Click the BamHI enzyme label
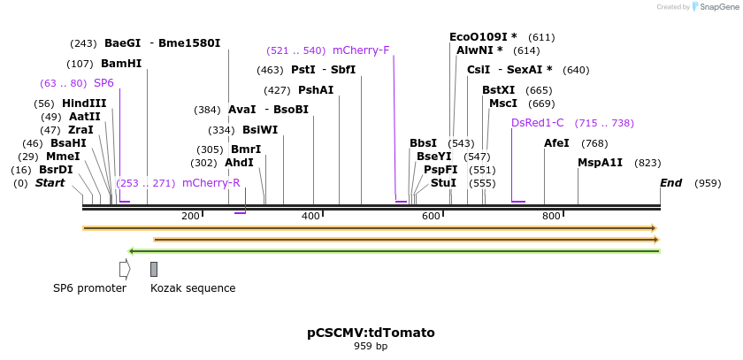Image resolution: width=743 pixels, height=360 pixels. pyautogui.click(x=121, y=64)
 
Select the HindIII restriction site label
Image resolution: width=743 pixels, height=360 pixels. pyautogui.click(x=84, y=103)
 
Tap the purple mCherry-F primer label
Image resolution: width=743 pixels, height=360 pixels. pyautogui.click(x=361, y=50)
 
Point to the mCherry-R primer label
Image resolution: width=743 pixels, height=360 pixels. pyautogui.click(x=211, y=183)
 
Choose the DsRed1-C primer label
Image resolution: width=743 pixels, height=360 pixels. pyautogui.click(x=537, y=123)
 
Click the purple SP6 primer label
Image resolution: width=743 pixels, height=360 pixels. pyautogui.click(x=103, y=83)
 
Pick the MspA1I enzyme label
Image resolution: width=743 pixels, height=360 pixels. pyautogui.click(x=601, y=163)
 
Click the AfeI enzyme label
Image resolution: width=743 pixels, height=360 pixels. pyautogui.click(x=556, y=143)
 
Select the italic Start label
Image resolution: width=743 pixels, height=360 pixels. pyautogui.click(x=50, y=183)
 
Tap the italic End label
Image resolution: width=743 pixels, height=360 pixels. pyautogui.click(x=671, y=183)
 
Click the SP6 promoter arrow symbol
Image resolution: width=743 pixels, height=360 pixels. pyautogui.click(x=125, y=269)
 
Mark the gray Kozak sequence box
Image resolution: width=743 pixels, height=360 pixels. pyautogui.click(x=154, y=269)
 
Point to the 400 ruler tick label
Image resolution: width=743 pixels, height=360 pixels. pyautogui.click(x=310, y=216)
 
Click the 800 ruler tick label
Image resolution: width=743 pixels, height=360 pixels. pyautogui.click(x=551, y=216)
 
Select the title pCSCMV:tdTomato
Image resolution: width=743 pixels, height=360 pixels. pyautogui.click(x=371, y=333)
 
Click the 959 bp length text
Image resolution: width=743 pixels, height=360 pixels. pyautogui.click(x=371, y=347)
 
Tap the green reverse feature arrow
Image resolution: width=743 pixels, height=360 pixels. pyautogui.click(x=394, y=251)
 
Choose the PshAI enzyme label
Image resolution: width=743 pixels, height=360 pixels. pyautogui.click(x=316, y=90)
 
